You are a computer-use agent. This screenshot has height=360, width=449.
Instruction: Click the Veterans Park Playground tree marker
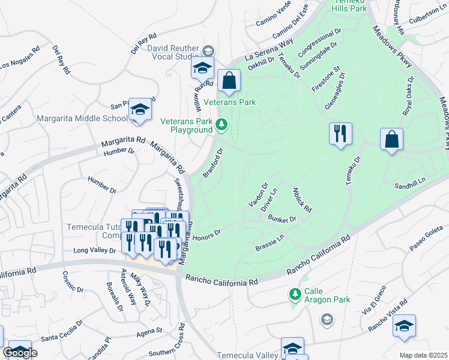click(222, 124)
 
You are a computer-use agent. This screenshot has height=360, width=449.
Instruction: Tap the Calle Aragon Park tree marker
click(295, 294)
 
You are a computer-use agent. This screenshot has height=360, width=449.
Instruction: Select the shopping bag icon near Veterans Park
click(229, 81)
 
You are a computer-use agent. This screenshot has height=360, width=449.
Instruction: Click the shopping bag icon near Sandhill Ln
click(391, 139)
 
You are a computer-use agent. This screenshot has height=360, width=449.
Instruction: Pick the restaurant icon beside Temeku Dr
click(340, 133)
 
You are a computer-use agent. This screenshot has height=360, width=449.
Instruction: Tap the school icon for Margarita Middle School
click(140, 110)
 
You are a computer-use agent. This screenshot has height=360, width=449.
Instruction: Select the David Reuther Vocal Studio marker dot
click(209, 50)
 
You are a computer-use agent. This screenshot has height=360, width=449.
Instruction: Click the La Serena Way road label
click(268, 50)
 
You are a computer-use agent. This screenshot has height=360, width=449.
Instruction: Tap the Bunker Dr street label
click(282, 219)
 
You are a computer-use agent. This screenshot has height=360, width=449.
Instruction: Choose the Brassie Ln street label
click(269, 246)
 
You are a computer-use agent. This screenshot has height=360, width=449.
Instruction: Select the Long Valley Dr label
click(94, 250)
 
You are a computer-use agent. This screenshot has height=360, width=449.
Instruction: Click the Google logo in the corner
click(19, 353)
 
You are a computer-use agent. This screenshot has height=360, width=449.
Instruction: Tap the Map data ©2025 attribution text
click(423, 355)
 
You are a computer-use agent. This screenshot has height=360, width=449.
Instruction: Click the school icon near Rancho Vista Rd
click(405, 326)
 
